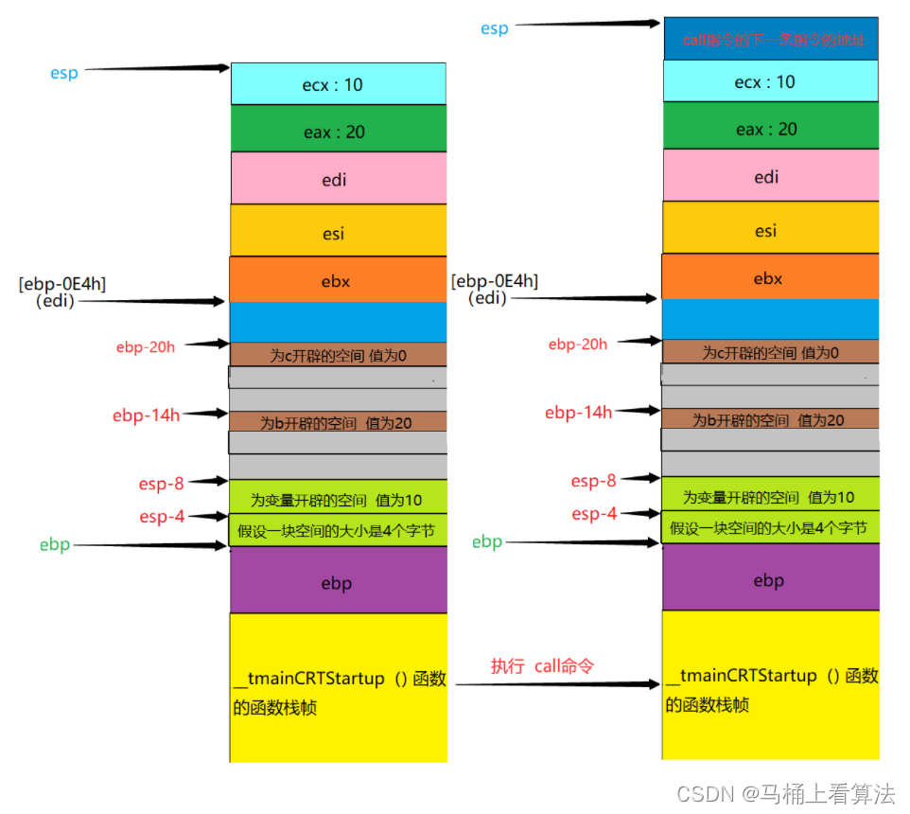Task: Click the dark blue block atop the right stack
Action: [x=771, y=40]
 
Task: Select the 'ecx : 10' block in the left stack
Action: [x=338, y=84]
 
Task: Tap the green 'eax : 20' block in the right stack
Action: [x=771, y=129]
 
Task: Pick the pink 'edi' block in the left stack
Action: [x=338, y=179]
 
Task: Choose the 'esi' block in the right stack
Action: [x=770, y=229]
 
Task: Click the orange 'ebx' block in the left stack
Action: [x=338, y=280]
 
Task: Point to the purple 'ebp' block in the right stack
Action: [x=770, y=579]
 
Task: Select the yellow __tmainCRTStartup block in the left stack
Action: [x=338, y=688]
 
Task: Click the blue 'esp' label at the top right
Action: [x=494, y=28]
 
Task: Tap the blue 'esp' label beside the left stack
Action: [x=63, y=73]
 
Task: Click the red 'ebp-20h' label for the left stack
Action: [x=145, y=347]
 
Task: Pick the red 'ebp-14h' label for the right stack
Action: [x=578, y=413]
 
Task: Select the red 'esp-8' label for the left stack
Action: [x=161, y=484]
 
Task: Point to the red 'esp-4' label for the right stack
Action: [x=594, y=514]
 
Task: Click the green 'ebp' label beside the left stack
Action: [x=55, y=545]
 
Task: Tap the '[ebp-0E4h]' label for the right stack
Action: [x=495, y=281]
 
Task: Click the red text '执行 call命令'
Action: [x=542, y=665]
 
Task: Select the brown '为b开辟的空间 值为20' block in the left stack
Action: [x=338, y=422]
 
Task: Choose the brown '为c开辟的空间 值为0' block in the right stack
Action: [x=770, y=352]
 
